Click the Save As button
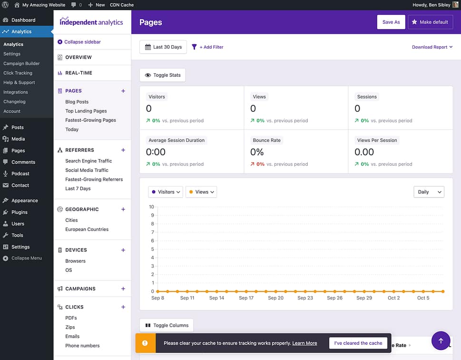coord(391,22)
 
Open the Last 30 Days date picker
coord(163,47)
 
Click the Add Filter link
coord(207,47)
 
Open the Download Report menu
coord(432,47)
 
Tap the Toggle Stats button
coord(163,75)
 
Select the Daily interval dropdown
coord(429,192)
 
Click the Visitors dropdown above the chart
coord(166,192)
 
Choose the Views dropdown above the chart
coord(201,192)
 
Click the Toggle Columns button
coord(167,325)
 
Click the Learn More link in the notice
coord(304,343)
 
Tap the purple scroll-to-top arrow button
coord(441,340)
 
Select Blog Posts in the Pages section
coord(77,102)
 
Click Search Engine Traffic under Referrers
coord(88,161)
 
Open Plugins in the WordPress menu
coord(20,212)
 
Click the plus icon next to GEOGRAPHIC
coord(123,209)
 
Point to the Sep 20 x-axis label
coord(275,298)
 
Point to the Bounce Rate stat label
coord(266,140)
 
